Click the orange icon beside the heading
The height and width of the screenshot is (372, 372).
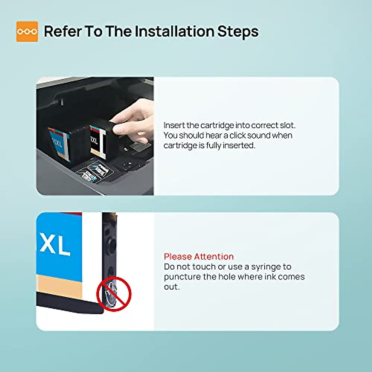coord(27,31)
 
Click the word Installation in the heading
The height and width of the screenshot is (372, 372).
coord(174,31)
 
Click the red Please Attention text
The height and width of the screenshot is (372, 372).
coord(199,257)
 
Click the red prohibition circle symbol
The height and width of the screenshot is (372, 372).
coord(114,294)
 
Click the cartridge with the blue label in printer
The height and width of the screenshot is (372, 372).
coord(60,143)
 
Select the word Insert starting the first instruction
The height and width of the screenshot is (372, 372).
coord(174,126)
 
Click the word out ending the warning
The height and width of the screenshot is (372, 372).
coord(171,287)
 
